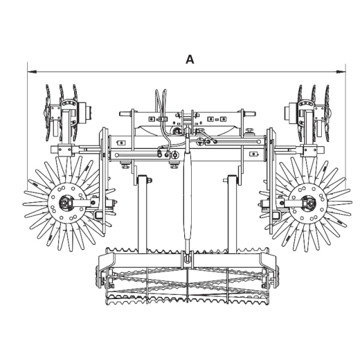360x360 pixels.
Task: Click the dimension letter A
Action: click(x=190, y=60)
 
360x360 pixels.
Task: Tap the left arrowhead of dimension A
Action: click(x=32, y=72)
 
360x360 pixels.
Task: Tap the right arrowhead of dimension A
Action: click(x=341, y=72)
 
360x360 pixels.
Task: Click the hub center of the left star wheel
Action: click(x=64, y=203)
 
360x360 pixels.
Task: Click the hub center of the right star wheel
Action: click(x=310, y=204)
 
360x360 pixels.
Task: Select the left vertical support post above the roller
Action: click(x=142, y=214)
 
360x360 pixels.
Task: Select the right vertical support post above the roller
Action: click(x=232, y=214)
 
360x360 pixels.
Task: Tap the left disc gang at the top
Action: click(x=61, y=113)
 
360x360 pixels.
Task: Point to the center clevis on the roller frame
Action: click(x=188, y=260)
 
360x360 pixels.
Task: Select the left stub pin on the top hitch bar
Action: click(x=125, y=114)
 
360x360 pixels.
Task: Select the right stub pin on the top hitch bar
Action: click(x=249, y=114)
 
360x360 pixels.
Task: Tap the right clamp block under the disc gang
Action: click(x=309, y=151)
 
